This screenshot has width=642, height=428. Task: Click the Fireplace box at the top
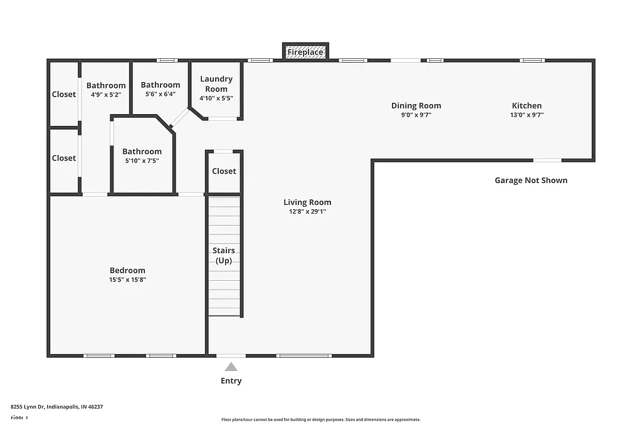(x=305, y=52)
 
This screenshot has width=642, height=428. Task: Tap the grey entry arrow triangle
(x=231, y=367)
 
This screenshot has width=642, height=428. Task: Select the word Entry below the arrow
(x=231, y=381)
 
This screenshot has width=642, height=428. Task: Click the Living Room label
(x=307, y=202)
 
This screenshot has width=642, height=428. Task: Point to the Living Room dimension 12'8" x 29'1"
(x=307, y=212)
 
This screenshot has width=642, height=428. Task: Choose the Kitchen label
(x=527, y=106)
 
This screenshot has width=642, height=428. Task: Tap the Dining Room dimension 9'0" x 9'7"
(x=416, y=115)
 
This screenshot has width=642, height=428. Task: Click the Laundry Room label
(x=216, y=84)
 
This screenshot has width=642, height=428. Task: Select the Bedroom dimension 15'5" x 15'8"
(x=127, y=280)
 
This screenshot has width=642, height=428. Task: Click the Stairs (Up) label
(x=224, y=256)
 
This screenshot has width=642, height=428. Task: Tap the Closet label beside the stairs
(x=224, y=171)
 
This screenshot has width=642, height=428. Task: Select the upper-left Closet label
(x=63, y=95)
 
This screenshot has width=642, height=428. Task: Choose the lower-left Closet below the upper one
(x=63, y=159)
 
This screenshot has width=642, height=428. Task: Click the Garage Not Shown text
(x=531, y=180)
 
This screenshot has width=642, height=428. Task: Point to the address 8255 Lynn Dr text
(x=56, y=407)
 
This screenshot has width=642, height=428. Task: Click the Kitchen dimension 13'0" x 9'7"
(x=527, y=115)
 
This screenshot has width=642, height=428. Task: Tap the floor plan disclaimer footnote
(x=320, y=420)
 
